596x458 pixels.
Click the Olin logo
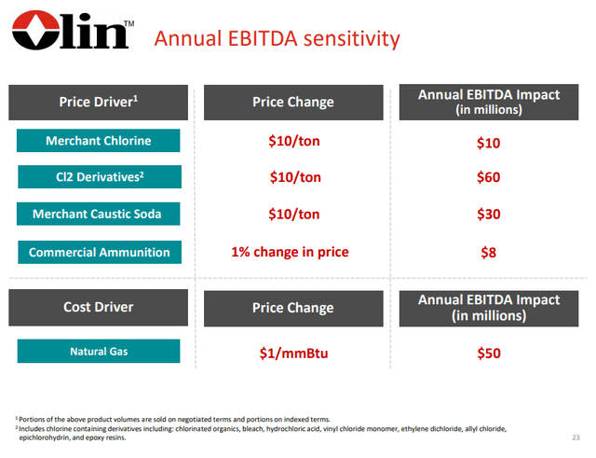[x=70, y=35]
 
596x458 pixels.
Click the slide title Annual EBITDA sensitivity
[x=277, y=39]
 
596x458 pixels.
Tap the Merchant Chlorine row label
[x=99, y=142]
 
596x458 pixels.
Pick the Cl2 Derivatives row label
[x=99, y=177]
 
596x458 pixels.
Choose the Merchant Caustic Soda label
[x=99, y=215]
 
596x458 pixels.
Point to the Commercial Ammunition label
[x=99, y=252]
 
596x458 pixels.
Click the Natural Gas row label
[x=99, y=352]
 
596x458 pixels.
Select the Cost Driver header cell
[x=99, y=308]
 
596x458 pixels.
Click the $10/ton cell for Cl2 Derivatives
[x=292, y=177]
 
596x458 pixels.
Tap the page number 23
[x=575, y=437]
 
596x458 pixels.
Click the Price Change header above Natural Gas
[x=292, y=308]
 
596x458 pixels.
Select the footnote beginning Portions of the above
[x=172, y=420]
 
